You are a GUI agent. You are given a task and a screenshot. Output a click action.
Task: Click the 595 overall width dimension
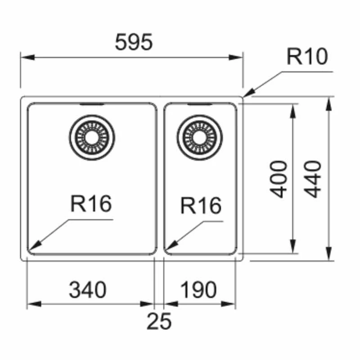pos(134,43)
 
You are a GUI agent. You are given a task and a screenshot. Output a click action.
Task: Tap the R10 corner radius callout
pos(307,57)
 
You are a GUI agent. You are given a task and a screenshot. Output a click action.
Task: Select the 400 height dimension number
pos(280,179)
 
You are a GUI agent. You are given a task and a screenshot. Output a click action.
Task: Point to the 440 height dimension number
pos(313,179)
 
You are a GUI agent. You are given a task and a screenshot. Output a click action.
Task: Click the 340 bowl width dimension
pos(88,290)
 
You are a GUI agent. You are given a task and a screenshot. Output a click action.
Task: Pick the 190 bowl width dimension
pos(198,290)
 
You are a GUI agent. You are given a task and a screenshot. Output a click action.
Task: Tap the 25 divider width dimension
pos(159,321)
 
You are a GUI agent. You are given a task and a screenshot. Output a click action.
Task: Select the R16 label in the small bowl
pos(201,206)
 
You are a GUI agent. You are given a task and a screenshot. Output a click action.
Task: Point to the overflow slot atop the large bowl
pos(92,104)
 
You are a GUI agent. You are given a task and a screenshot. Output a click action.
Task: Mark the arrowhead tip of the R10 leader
pos(244,95)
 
